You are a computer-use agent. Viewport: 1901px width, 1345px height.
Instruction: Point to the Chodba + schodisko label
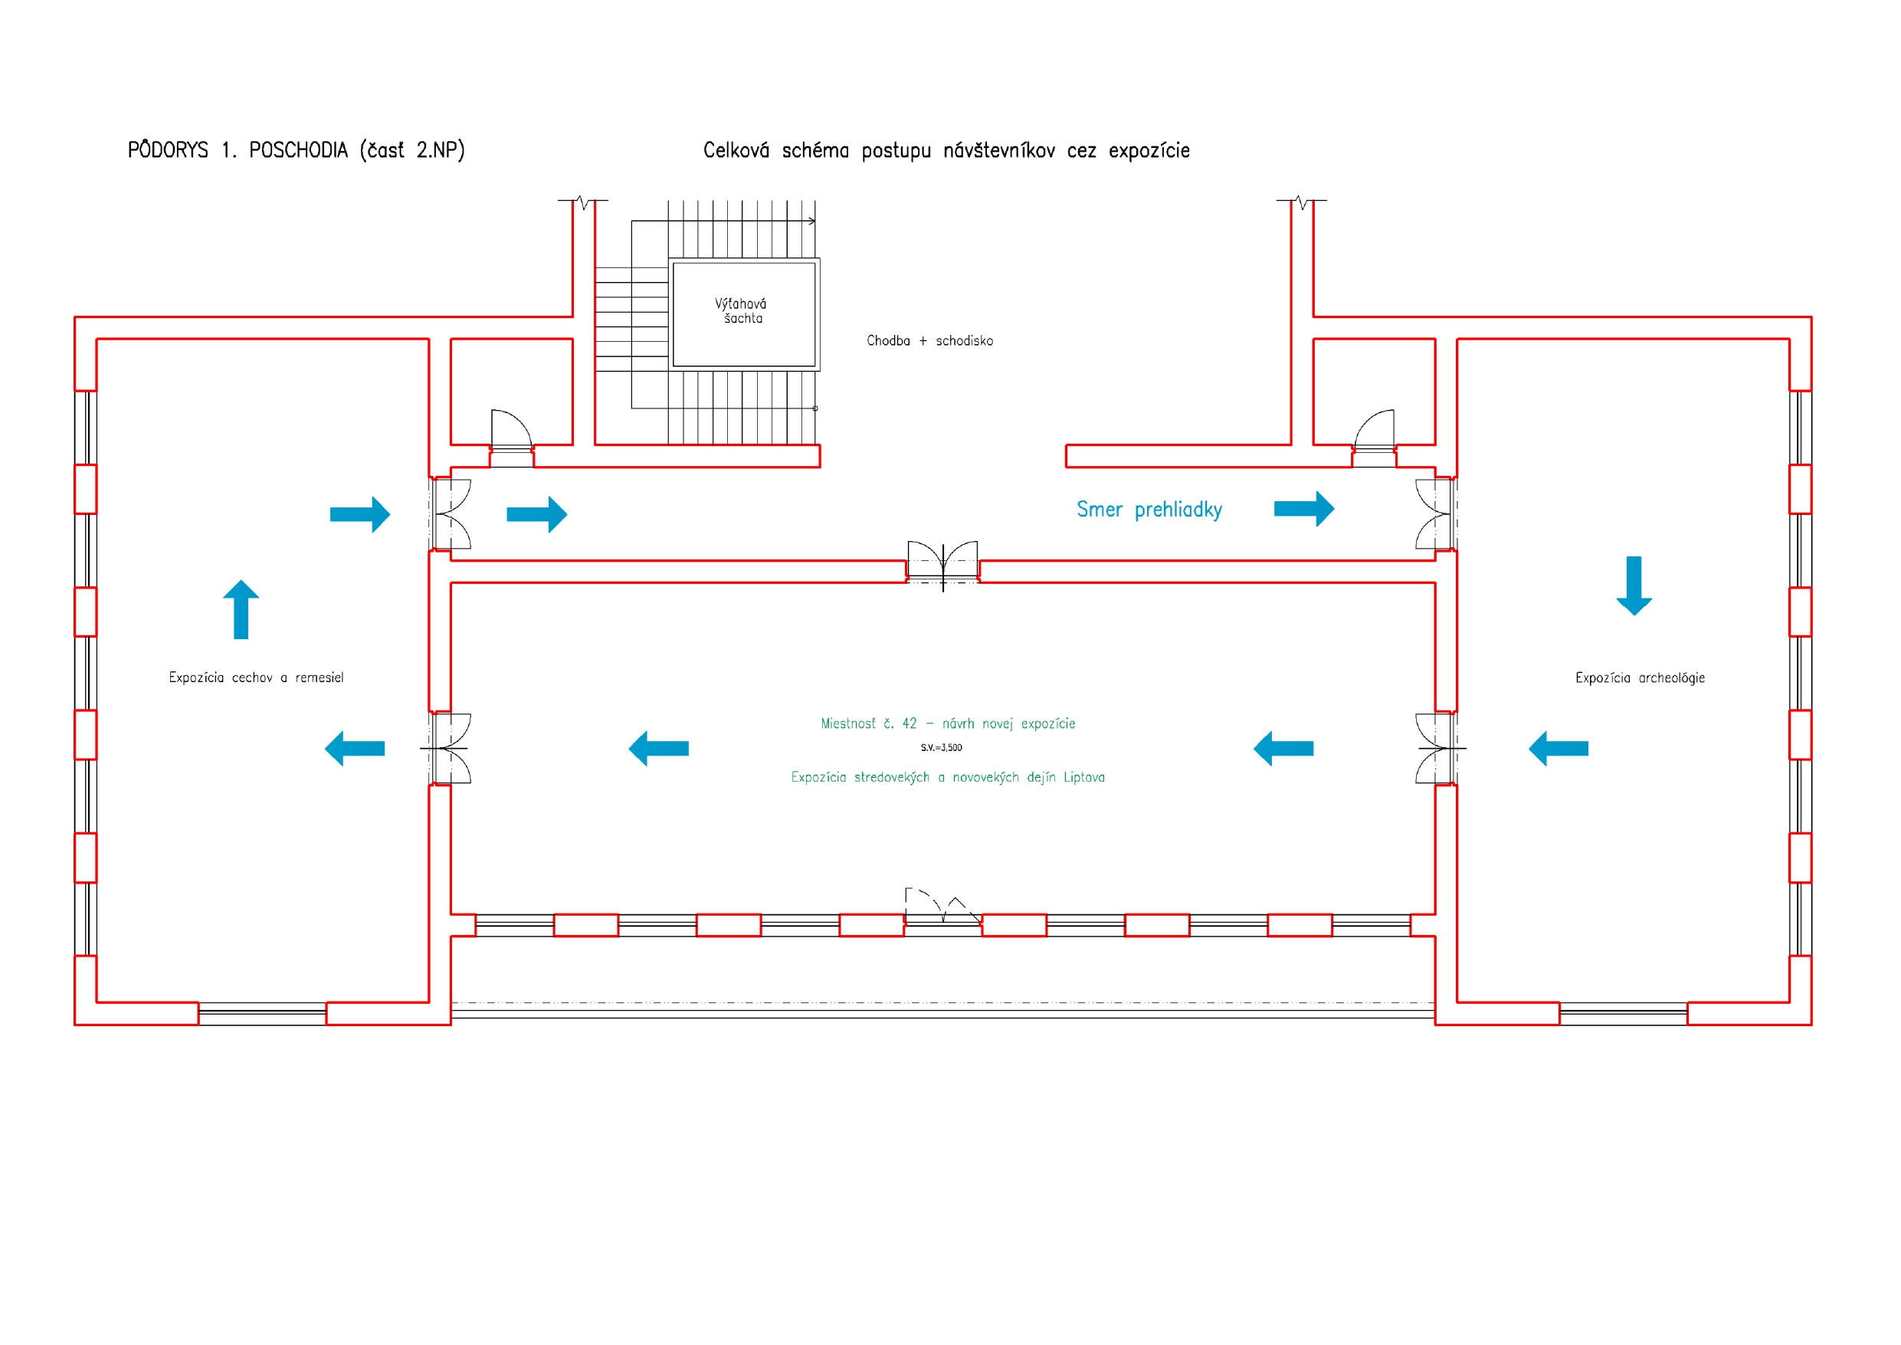click(929, 340)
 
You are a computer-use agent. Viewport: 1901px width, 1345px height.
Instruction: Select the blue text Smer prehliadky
click(1149, 510)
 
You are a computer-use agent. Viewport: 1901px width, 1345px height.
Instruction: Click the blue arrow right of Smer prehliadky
click(1304, 509)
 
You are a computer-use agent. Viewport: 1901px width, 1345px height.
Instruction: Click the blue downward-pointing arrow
click(1634, 586)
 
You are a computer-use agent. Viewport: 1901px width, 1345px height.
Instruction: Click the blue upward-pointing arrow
click(241, 609)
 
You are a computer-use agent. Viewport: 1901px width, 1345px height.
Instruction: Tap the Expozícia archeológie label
click(1640, 677)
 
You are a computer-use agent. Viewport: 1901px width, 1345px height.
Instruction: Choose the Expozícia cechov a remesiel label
click(256, 677)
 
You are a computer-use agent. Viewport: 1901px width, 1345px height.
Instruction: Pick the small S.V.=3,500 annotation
click(942, 748)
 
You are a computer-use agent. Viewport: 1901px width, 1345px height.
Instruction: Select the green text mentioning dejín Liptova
click(947, 777)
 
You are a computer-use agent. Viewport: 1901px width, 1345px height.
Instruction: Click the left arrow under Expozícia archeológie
click(1558, 749)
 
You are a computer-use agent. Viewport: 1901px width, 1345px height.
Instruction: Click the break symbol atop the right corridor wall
click(1302, 202)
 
